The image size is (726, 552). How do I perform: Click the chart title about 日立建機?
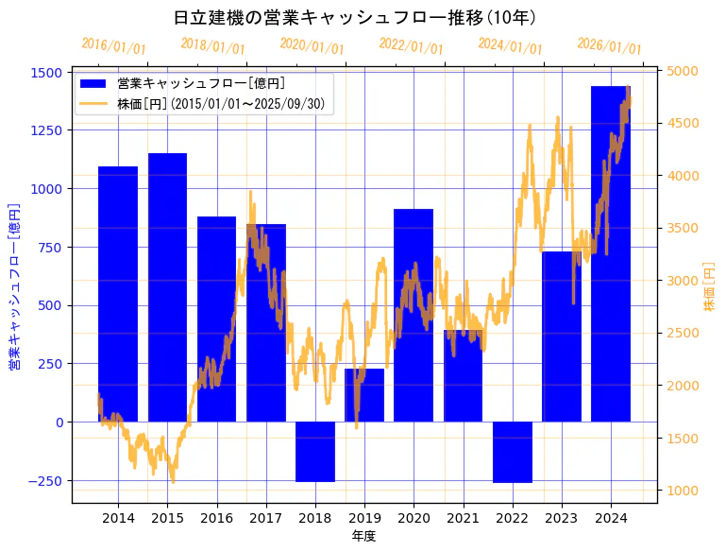[x=356, y=17]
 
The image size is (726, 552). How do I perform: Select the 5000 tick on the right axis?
[x=683, y=71]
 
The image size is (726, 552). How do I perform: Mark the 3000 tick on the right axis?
[x=683, y=281]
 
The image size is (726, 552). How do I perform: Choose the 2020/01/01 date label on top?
[x=312, y=46]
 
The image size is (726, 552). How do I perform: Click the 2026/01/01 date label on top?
[x=609, y=46]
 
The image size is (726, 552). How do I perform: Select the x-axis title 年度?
[x=363, y=536]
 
